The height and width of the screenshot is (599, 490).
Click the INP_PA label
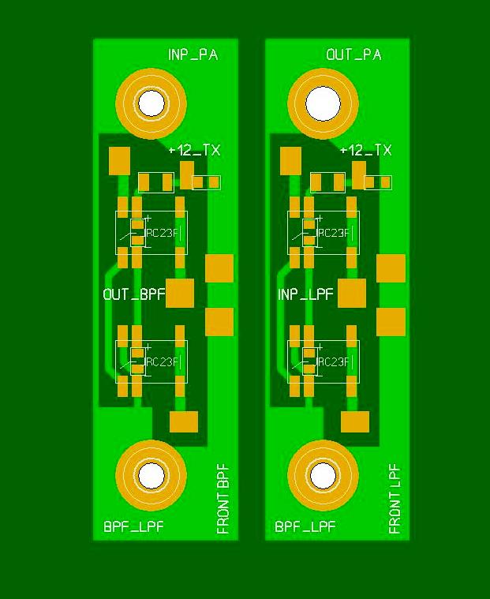(x=193, y=54)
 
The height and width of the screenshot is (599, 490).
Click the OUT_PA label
(x=353, y=54)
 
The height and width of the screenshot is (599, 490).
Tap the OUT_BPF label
(x=134, y=294)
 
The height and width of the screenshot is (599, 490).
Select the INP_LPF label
(x=305, y=294)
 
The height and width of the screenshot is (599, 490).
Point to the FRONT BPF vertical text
(x=223, y=499)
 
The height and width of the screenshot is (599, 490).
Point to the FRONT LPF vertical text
(x=395, y=499)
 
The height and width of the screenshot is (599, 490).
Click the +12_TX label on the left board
(x=194, y=150)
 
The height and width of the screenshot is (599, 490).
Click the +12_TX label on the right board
(x=366, y=150)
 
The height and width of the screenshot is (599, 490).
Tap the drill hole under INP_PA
(x=151, y=103)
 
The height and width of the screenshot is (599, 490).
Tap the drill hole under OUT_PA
(x=323, y=104)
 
